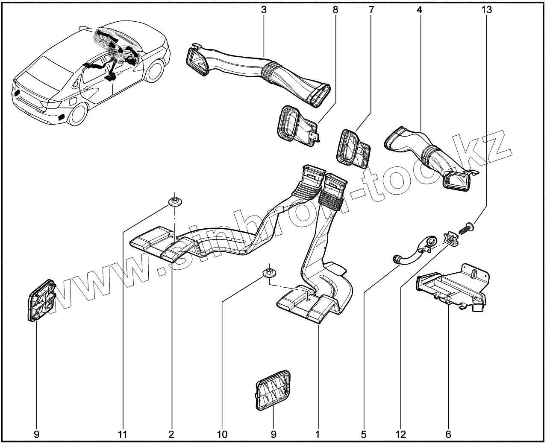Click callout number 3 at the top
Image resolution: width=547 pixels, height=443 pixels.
(264, 9)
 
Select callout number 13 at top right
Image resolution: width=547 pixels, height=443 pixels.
(486, 9)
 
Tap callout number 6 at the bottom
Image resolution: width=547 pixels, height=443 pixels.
(448, 434)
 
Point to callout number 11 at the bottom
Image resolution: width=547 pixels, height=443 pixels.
(123, 434)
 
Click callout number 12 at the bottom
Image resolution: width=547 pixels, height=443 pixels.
(400, 434)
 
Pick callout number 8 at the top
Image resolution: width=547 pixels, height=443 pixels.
(335, 9)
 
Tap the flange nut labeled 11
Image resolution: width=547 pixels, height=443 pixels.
(175, 201)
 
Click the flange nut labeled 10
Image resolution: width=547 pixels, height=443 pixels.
(269, 273)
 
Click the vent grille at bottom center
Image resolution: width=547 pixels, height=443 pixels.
(274, 390)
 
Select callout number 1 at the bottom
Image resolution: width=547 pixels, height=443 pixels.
(318, 434)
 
